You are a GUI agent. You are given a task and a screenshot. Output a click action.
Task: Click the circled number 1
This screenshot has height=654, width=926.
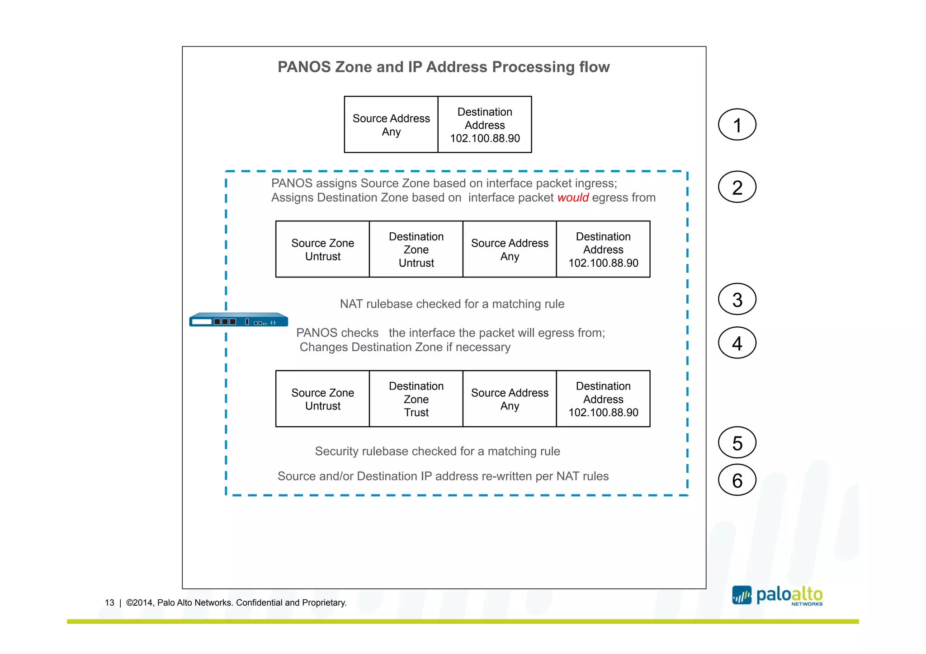pyautogui.click(x=737, y=125)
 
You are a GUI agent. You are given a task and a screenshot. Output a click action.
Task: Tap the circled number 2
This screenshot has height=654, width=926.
pyautogui.click(x=737, y=187)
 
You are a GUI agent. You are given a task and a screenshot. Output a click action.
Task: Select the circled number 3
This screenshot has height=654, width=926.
pyautogui.click(x=737, y=299)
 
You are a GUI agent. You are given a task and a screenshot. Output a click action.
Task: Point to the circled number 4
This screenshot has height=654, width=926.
pyautogui.click(x=737, y=343)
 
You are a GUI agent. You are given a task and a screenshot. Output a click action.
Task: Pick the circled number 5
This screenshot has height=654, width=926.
pyautogui.click(x=737, y=443)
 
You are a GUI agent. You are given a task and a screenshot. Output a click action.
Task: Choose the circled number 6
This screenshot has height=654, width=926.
pyautogui.click(x=737, y=480)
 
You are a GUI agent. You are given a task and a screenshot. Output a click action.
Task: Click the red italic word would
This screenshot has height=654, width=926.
pyautogui.click(x=573, y=198)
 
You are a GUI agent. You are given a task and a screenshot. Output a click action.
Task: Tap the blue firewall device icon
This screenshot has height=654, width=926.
pyautogui.click(x=238, y=320)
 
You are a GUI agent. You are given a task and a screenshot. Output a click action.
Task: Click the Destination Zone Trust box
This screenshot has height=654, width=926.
pyautogui.click(x=416, y=399)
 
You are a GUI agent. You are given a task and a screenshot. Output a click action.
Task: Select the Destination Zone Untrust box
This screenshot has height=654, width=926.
pyautogui.click(x=416, y=249)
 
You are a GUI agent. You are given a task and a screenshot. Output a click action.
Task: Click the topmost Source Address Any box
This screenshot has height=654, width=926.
pyautogui.click(x=391, y=125)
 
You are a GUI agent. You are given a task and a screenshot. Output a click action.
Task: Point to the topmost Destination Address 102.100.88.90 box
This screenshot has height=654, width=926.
pyautogui.click(x=485, y=125)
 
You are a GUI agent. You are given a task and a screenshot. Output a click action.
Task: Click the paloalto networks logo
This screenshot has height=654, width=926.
pyautogui.click(x=778, y=596)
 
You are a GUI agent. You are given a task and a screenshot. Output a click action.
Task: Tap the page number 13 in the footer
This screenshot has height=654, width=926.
pyautogui.click(x=109, y=602)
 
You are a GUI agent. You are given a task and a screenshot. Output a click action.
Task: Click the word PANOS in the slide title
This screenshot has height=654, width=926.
pyautogui.click(x=304, y=67)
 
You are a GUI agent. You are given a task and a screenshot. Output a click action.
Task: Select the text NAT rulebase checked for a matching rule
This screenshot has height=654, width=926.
pyautogui.click(x=452, y=304)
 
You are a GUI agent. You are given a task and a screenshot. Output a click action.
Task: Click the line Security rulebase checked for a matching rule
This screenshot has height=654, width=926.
pyautogui.click(x=437, y=451)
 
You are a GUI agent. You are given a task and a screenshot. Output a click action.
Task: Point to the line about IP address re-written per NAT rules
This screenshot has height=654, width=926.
pyautogui.click(x=443, y=476)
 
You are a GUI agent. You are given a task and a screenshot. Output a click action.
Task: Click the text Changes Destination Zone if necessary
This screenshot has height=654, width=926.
pyautogui.click(x=405, y=347)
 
